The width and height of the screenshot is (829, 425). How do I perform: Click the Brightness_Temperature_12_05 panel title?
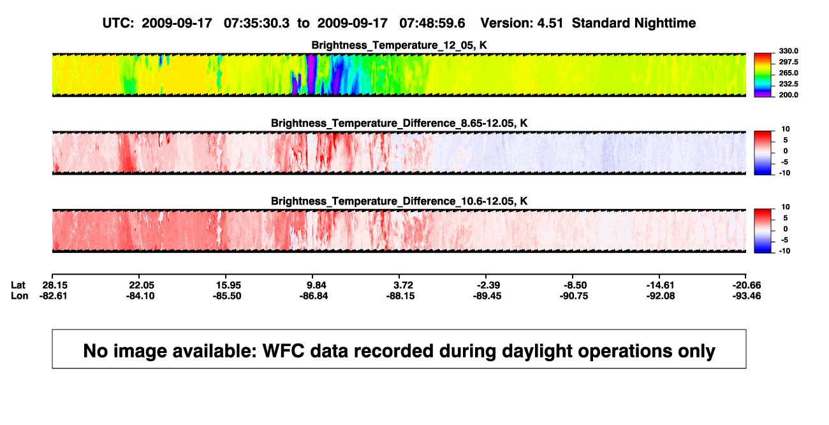pos(399,45)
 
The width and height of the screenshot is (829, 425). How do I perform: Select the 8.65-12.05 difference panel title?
pos(399,123)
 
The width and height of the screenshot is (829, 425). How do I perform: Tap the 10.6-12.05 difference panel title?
pos(399,201)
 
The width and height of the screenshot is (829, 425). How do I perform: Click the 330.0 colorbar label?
pos(788,51)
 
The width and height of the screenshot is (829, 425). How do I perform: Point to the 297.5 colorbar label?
pos(788,62)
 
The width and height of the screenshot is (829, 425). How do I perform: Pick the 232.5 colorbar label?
pos(788,84)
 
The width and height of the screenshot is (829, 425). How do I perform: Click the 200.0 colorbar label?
pos(788,95)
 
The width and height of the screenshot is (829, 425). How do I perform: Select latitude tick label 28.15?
pos(55,285)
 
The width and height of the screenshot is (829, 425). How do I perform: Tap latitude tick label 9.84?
pos(316,285)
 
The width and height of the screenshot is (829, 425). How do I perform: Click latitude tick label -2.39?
pos(488,285)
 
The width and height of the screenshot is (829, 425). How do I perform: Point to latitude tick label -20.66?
pos(747,285)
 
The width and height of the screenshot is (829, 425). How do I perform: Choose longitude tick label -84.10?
pos(140,296)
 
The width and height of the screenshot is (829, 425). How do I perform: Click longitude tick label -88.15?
pos(400,296)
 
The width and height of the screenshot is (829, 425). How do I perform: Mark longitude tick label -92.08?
pos(661,296)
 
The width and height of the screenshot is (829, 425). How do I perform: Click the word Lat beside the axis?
pos(18,285)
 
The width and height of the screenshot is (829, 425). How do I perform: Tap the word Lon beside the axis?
pos(19,296)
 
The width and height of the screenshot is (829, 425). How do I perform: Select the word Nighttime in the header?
pos(664,24)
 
